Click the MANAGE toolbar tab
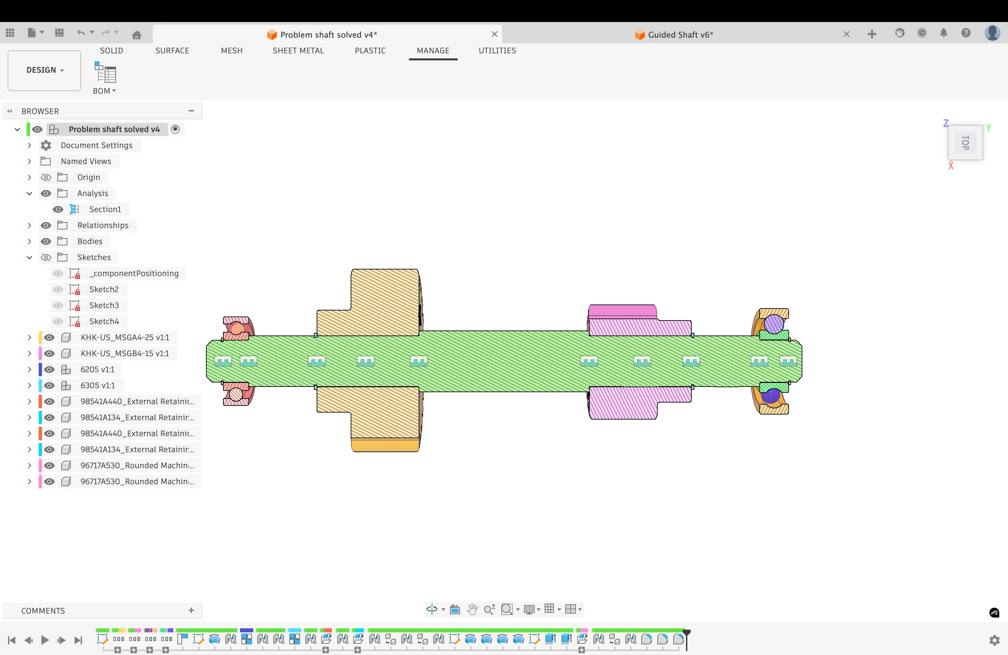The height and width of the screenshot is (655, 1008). (433, 50)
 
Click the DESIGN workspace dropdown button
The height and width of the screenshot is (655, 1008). (44, 70)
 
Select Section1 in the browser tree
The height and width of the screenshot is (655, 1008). (105, 209)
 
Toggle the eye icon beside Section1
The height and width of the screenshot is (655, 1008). (58, 209)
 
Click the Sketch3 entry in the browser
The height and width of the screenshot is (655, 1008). (104, 305)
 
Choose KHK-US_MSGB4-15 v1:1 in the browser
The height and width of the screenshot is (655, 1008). (125, 353)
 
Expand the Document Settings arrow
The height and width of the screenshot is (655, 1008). (29, 145)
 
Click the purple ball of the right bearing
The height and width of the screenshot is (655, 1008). (774, 324)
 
